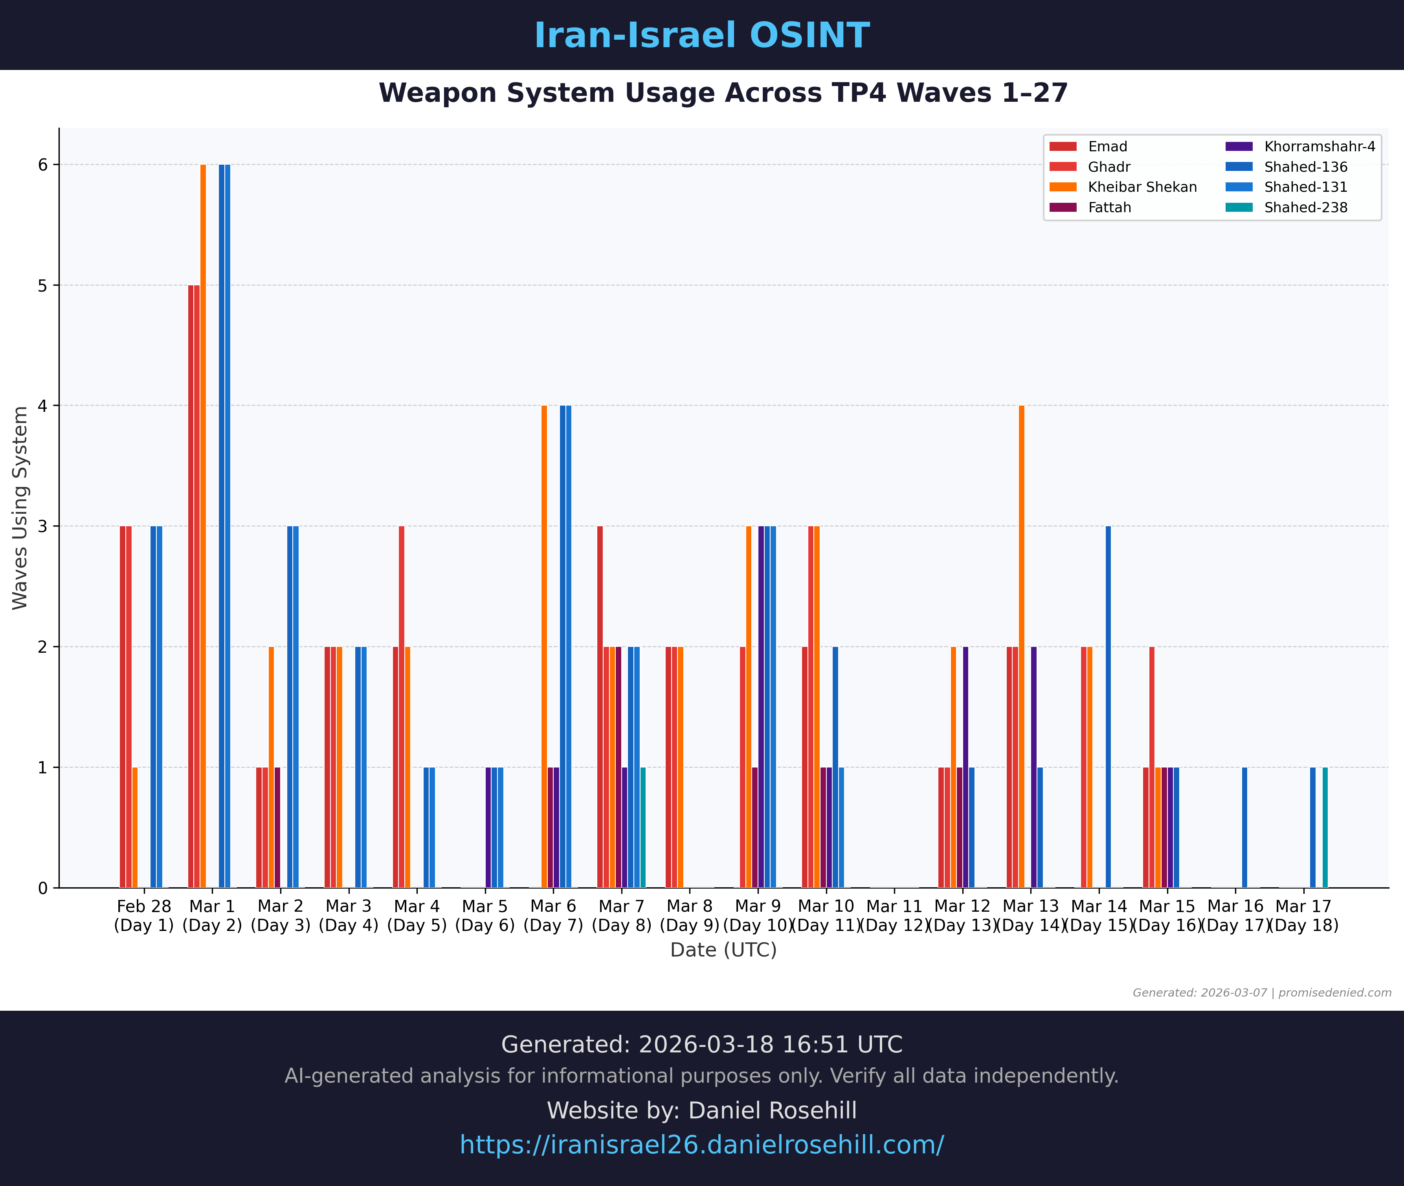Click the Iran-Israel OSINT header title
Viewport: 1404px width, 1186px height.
point(701,36)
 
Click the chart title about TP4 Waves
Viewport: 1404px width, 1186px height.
point(723,93)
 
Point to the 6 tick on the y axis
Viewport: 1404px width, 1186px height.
point(43,165)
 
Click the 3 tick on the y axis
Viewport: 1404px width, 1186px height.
point(43,527)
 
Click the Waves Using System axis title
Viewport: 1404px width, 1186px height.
point(20,508)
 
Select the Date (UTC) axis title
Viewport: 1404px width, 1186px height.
point(723,950)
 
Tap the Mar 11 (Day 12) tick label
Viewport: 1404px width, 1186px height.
point(894,916)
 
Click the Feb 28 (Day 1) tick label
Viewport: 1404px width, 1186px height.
point(144,916)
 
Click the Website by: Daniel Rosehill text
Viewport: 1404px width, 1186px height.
point(701,1111)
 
